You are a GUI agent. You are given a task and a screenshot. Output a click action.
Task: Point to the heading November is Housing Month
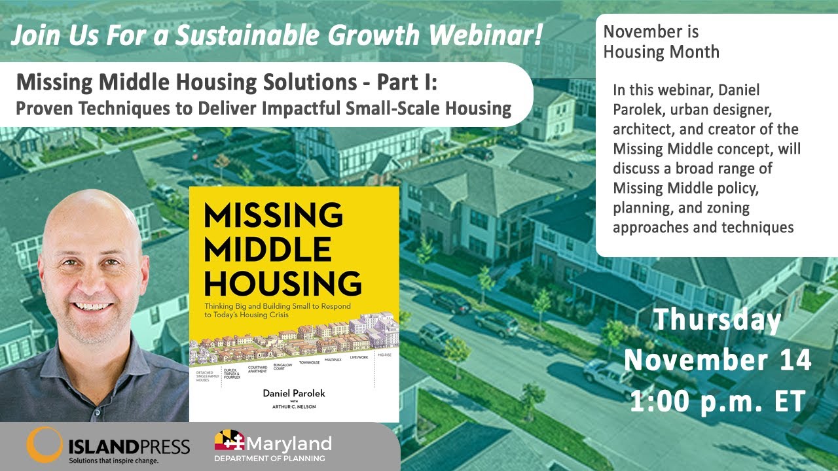pos(661,41)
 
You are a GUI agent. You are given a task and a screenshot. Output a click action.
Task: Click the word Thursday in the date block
pos(718,321)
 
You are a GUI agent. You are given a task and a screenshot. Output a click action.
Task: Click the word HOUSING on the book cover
pos(283,283)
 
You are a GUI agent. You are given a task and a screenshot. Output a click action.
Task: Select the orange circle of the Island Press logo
pos(44,444)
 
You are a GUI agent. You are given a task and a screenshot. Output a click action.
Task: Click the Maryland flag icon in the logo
pos(229,440)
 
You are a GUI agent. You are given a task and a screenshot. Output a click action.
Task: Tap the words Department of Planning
pos(273,458)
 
